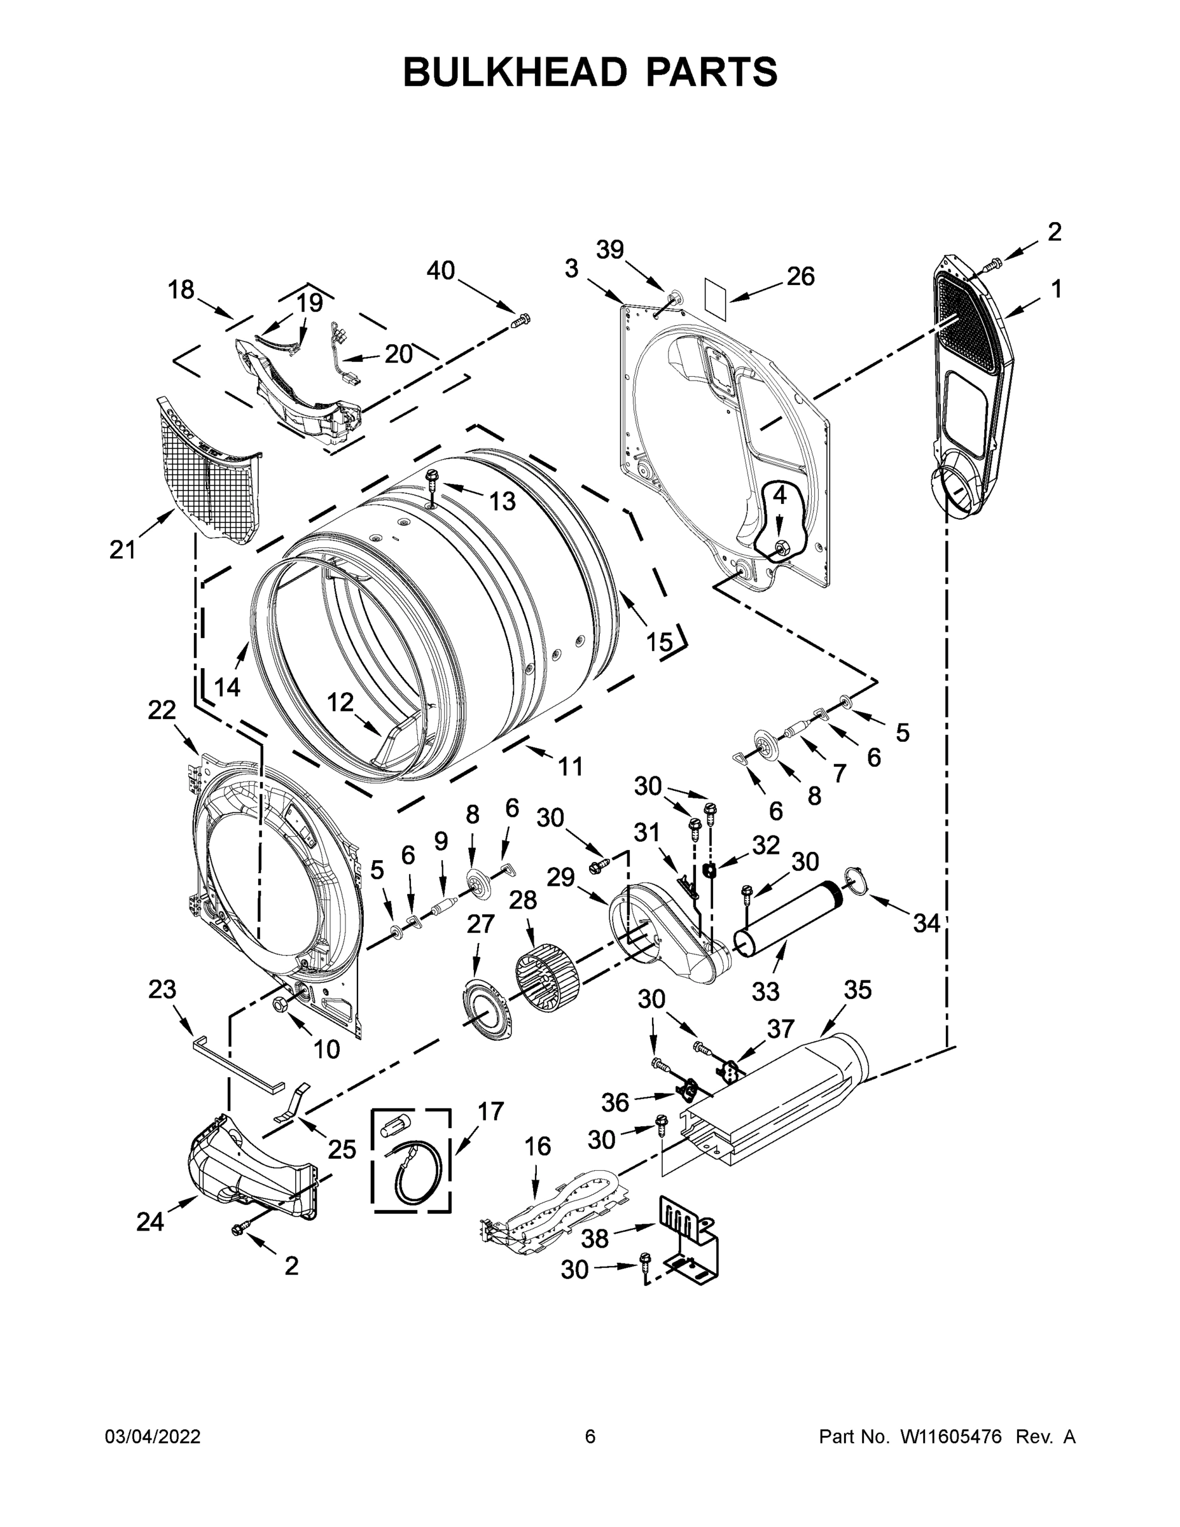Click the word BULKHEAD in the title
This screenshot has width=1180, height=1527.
tap(516, 72)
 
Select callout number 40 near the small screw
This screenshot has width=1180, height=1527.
tap(440, 270)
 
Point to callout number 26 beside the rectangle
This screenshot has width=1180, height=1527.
tap(800, 276)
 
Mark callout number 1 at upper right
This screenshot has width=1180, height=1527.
tap(1056, 288)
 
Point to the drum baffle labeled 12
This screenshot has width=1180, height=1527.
tap(402, 744)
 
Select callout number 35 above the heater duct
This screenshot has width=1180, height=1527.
tap(857, 989)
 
